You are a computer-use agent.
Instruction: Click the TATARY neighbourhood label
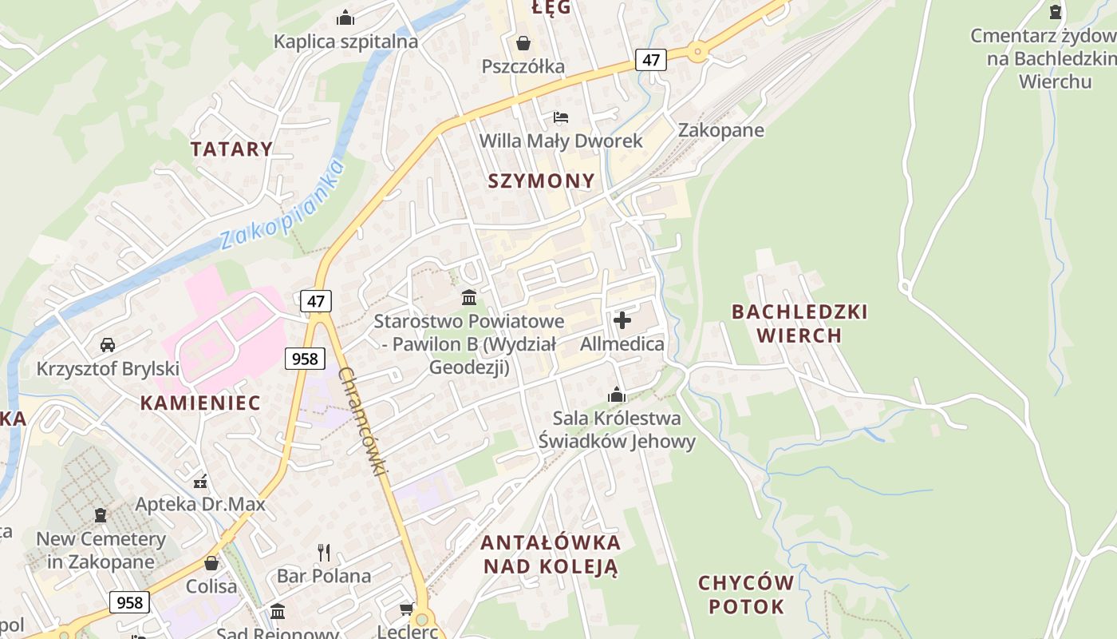[x=231, y=149]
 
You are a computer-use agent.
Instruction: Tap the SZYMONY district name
[x=542, y=181]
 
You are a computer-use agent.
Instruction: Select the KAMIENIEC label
[x=200, y=403]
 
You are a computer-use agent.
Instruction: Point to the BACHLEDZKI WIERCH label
[x=799, y=323]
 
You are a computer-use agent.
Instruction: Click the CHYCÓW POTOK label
[x=746, y=594]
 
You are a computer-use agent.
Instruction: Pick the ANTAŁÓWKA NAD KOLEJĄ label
[x=550, y=554]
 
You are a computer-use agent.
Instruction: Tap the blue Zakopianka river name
[x=282, y=204]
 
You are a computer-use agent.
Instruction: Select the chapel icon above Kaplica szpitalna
[x=345, y=17]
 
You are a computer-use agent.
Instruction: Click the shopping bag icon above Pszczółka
[x=523, y=42]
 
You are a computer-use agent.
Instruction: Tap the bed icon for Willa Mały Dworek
[x=561, y=117]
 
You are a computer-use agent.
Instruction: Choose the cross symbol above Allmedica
[x=622, y=320]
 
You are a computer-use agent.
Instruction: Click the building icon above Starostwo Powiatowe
[x=469, y=298]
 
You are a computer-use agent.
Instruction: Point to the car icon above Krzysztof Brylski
[x=108, y=345]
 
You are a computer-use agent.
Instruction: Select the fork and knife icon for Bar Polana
[x=324, y=552]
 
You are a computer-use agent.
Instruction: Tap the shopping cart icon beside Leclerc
[x=406, y=609]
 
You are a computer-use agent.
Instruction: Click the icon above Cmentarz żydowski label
[x=1056, y=12]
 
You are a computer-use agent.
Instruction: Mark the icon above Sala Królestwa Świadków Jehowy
[x=617, y=395]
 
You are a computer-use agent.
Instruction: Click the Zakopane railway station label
[x=720, y=130]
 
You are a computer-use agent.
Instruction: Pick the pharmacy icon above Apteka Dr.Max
[x=200, y=481]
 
